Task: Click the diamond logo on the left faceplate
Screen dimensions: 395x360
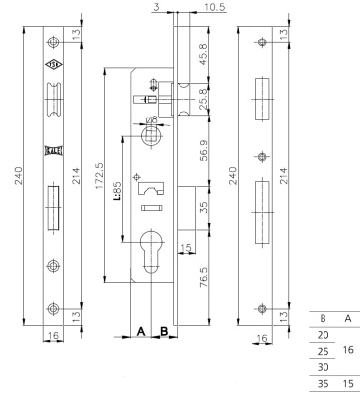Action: pos(52,70)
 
